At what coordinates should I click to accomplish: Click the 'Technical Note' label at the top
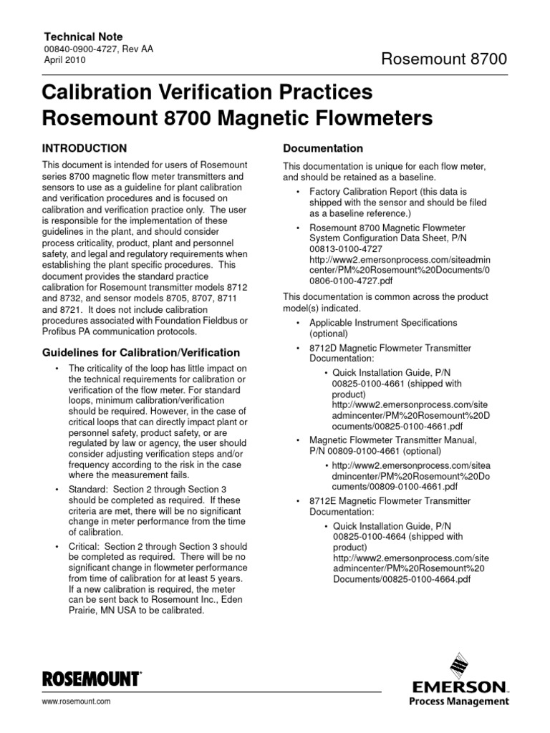tap(84, 37)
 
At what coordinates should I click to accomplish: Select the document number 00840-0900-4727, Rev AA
tap(98, 49)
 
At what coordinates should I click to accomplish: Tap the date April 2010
tap(64, 61)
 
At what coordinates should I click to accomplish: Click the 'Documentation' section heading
tap(323, 148)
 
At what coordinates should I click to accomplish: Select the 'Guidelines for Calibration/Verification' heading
tap(142, 353)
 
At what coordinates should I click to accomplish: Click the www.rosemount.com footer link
tap(77, 702)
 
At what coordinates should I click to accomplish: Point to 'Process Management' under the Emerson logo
tap(469, 702)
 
